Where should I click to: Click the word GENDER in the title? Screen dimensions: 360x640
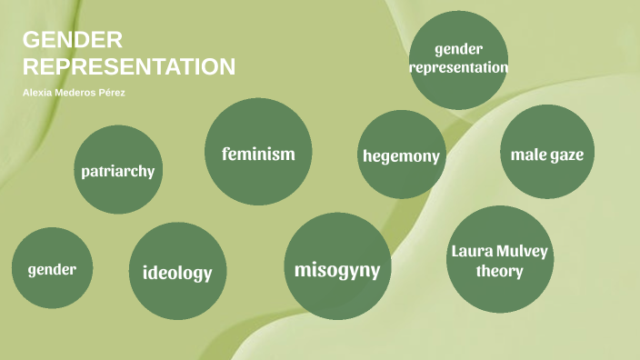(x=72, y=41)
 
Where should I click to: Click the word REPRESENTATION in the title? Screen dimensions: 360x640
(x=129, y=66)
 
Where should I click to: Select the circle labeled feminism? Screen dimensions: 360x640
(x=258, y=152)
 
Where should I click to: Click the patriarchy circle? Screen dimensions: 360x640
(x=118, y=170)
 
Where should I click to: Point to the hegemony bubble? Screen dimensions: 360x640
(x=401, y=155)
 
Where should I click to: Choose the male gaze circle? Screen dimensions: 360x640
(x=546, y=154)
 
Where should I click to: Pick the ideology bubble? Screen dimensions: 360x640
(x=177, y=271)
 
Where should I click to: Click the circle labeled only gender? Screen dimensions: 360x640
(x=52, y=268)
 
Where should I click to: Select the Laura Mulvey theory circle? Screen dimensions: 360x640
(x=500, y=260)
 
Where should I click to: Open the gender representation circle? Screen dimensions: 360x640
(x=458, y=57)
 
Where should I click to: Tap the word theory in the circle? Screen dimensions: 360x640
(x=500, y=271)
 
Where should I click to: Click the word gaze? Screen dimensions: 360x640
(x=565, y=155)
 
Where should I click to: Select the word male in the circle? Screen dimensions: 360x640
(x=528, y=154)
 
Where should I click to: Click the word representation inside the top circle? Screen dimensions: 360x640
(x=458, y=66)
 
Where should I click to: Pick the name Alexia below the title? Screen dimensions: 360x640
(x=38, y=94)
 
